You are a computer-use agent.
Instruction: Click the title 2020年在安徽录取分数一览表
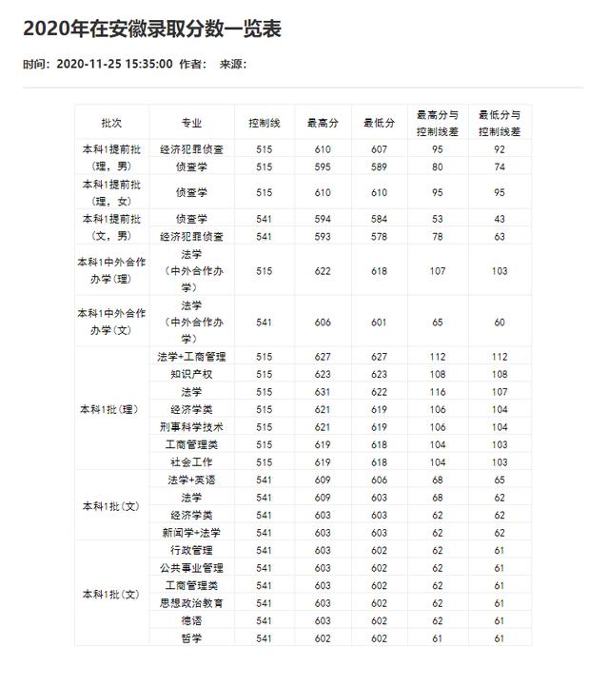coord(152,29)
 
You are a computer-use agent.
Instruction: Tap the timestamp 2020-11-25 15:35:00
coord(114,64)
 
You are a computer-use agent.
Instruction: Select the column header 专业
coord(191,123)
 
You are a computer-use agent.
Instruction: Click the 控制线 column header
coord(264,123)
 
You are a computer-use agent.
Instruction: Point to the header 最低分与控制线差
coord(500,123)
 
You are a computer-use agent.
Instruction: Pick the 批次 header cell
coord(112,123)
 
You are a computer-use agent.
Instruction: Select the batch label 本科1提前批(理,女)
coord(112,192)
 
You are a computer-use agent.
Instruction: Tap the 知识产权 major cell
coord(191,375)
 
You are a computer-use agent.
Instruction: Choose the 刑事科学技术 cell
coord(191,427)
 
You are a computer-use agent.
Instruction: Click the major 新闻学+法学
coord(191,532)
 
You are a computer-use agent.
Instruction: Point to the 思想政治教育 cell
coord(191,602)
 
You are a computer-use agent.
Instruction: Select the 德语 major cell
coord(191,620)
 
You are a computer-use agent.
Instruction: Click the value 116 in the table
coord(438,392)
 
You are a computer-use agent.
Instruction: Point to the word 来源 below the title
coord(231,64)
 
